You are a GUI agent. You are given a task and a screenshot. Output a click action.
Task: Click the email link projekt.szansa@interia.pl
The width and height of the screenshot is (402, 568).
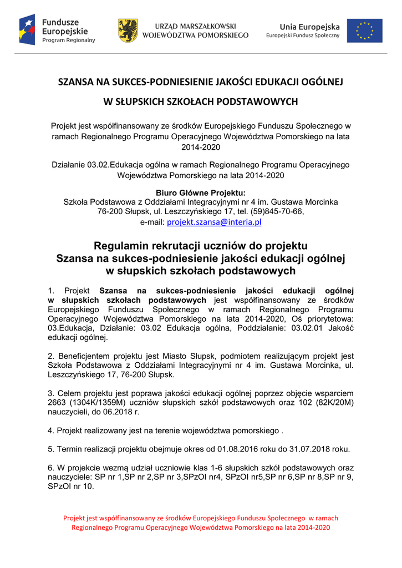(214, 222)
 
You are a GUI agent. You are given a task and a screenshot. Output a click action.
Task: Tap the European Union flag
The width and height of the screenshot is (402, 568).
(364, 31)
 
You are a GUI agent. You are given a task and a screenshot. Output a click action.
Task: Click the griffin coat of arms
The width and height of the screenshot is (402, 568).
(128, 31)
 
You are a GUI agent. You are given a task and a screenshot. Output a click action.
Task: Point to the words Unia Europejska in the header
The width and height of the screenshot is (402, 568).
(309, 26)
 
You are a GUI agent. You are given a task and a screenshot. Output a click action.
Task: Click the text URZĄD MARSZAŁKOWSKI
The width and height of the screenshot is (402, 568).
(195, 26)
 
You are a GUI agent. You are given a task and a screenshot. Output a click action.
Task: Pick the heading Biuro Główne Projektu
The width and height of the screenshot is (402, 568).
(201, 192)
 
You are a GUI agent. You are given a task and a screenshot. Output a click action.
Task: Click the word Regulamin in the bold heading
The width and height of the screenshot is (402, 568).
(120, 246)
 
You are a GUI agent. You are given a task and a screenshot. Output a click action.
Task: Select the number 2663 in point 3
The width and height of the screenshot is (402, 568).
(58, 403)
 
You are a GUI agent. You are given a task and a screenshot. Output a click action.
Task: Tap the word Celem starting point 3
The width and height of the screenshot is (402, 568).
(68, 393)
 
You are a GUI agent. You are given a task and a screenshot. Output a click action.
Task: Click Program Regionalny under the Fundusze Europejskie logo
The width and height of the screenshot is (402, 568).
(69, 40)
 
